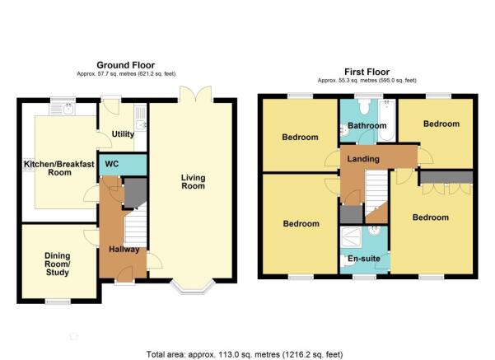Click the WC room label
112,164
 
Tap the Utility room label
123,134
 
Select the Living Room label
193,181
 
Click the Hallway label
124,250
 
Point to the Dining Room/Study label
58,264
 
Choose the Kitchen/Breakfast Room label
59,168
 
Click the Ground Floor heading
126,65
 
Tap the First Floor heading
367,72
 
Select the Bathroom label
367,126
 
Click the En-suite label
364,259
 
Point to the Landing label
363,159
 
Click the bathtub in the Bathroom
386,120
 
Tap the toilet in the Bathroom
364,107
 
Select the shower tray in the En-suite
351,237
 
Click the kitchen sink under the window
62,110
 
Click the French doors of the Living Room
195,94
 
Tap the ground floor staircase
136,226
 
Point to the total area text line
245,354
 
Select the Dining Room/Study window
58,302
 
